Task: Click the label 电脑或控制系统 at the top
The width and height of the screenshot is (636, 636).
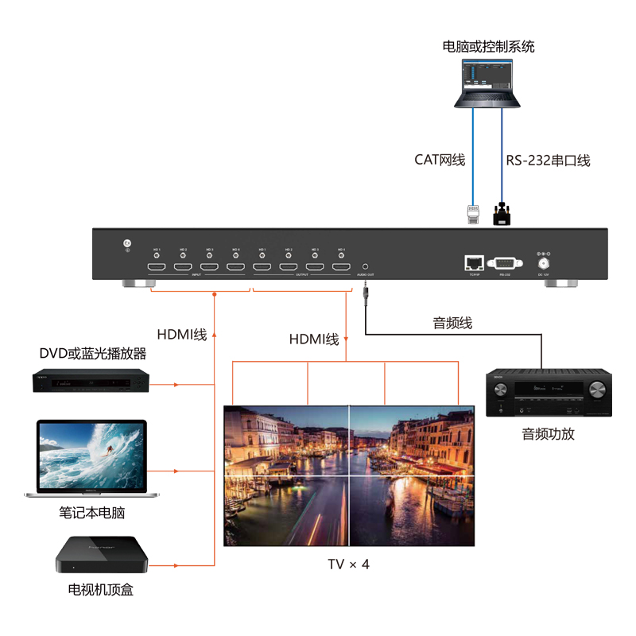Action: coord(488,47)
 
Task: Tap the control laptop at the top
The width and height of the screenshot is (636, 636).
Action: coord(488,83)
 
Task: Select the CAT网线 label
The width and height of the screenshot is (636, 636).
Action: coord(439,160)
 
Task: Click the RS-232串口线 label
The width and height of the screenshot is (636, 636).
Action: coord(548,161)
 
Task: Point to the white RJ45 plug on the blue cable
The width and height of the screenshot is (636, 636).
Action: coord(473,214)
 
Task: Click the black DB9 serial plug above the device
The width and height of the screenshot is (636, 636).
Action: coord(502,213)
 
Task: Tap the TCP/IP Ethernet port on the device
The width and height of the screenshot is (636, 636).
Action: coord(474,262)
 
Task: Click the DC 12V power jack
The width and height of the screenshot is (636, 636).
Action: coord(545,262)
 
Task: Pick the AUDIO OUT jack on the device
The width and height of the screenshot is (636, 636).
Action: coord(365,267)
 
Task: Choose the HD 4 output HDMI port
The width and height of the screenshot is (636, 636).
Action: coord(341,267)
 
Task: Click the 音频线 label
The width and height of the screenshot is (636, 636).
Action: coord(452,324)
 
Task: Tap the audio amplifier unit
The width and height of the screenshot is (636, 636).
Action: coord(549,395)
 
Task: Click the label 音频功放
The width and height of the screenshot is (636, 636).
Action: coord(548,434)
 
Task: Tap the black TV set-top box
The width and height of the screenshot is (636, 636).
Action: coord(102,554)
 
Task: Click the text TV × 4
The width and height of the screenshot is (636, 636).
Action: coord(348,564)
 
